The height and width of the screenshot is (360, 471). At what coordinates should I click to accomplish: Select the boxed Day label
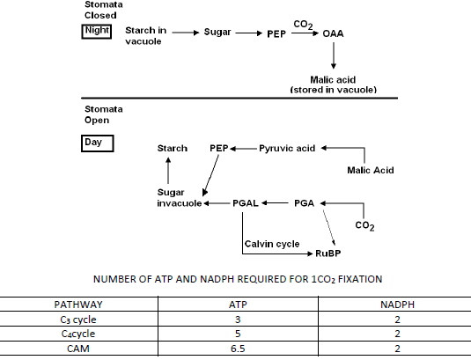[x=93, y=141]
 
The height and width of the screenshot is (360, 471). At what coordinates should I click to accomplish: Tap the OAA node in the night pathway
[x=333, y=33]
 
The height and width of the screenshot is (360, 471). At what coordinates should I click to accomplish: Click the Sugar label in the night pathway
[x=217, y=32]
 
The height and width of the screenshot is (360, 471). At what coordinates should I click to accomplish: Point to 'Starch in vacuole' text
[x=144, y=36]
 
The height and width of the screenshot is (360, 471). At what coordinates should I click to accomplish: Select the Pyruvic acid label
[x=287, y=149]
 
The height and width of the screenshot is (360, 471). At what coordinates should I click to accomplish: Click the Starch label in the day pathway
[x=173, y=149]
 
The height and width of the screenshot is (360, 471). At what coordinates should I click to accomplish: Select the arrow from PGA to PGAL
[x=276, y=203]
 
